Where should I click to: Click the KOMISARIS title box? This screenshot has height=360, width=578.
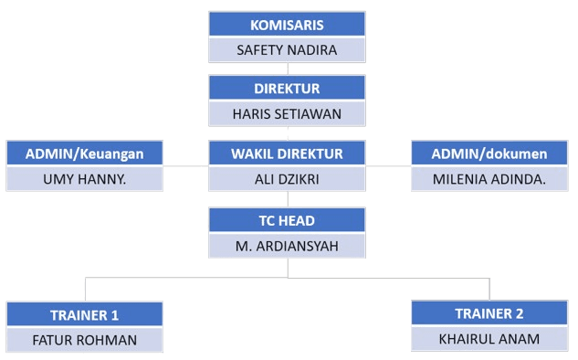287,25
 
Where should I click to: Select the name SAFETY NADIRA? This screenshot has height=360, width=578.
287,49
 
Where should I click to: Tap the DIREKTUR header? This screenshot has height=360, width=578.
287,89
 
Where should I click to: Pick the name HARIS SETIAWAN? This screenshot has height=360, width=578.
287,113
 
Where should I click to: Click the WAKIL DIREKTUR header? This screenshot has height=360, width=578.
287,154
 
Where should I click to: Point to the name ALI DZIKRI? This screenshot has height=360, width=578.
287,178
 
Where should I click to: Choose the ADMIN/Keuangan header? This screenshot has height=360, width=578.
84,154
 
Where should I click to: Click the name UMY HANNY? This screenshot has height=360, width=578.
84,178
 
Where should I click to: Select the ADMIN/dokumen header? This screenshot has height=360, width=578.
489,154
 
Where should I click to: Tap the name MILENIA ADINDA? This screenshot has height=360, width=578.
489,178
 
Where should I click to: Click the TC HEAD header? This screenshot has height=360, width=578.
287,220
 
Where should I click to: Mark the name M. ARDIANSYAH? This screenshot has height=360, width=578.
287,245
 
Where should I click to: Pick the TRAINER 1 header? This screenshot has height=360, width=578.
84,315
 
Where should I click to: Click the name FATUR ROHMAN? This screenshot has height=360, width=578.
84,340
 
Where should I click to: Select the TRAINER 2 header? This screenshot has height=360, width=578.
489,313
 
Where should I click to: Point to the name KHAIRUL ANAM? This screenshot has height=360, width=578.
489,339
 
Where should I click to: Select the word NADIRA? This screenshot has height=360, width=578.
314,49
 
